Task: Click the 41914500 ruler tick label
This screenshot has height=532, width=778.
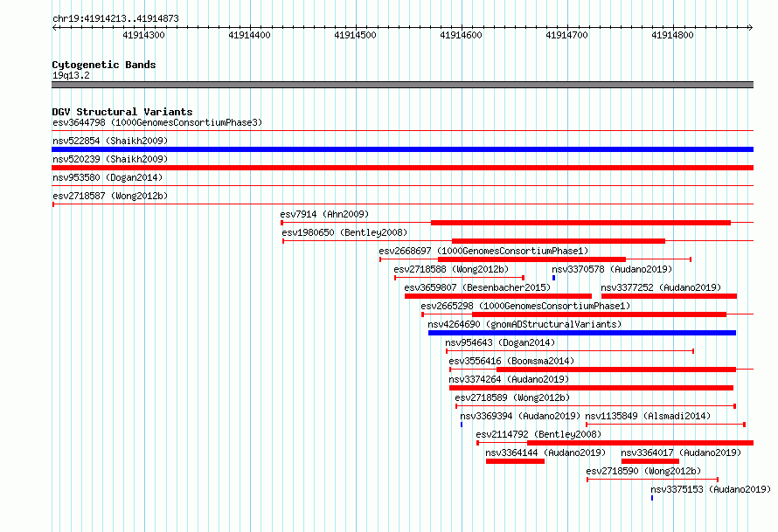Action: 355,35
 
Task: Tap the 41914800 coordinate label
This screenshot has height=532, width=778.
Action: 672,35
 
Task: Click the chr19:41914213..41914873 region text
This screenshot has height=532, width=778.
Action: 115,19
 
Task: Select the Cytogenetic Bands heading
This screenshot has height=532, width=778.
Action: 104,65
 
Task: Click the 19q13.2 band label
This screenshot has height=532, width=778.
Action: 71,75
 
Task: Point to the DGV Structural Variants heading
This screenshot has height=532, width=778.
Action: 122,112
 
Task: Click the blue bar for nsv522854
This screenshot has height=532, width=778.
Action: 402,149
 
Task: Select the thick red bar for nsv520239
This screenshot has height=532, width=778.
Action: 402,168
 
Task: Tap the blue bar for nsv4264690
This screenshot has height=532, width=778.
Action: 582,333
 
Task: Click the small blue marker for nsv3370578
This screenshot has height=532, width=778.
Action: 553,278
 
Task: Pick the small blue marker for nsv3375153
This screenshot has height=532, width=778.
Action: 652,498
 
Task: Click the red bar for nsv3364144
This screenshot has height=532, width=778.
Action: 515,461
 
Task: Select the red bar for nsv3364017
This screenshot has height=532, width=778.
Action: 650,461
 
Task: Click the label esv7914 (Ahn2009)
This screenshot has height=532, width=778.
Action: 324,214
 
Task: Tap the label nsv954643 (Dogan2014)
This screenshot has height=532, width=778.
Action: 500,342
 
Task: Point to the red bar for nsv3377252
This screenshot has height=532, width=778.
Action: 669,296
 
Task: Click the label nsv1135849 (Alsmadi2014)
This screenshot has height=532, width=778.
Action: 648,416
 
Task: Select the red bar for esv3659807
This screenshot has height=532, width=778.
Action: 498,296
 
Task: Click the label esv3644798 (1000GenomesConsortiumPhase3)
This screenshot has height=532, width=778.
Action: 157,122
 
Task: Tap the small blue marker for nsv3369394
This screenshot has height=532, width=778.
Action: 462,425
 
